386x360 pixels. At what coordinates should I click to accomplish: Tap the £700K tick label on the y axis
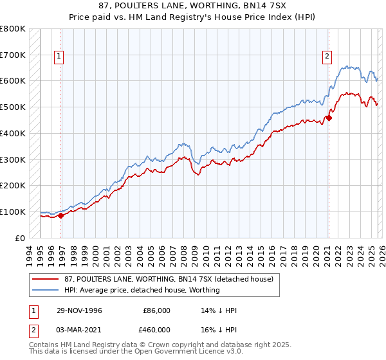(x=13, y=55)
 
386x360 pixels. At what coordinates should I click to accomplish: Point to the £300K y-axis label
(x=13, y=159)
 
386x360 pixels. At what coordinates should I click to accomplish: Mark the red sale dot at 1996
(x=61, y=215)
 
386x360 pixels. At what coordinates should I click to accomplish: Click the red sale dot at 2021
(x=328, y=118)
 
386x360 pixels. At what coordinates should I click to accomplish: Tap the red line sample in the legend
(x=47, y=279)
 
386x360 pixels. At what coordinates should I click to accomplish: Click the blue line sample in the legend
(x=47, y=290)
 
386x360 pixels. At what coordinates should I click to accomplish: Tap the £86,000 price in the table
(x=157, y=310)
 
